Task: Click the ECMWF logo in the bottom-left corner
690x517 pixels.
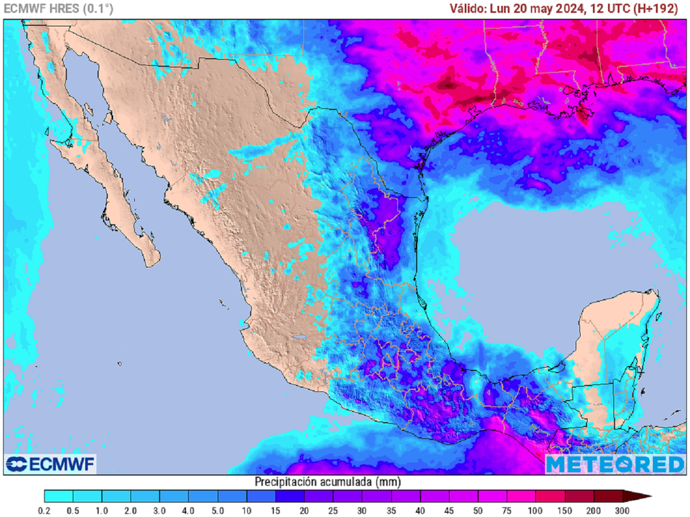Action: (x=51, y=464)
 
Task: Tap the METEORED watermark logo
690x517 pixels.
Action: (x=615, y=464)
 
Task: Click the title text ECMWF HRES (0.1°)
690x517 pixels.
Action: (x=59, y=9)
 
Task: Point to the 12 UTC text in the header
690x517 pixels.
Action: (x=609, y=9)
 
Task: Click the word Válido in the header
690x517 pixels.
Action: (x=469, y=9)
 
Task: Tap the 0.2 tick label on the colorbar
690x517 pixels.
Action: (x=44, y=510)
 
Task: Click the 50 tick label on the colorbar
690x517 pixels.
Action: (x=478, y=510)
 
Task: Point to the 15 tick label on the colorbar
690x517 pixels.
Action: (x=276, y=510)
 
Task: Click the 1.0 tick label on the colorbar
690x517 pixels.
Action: (x=102, y=510)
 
